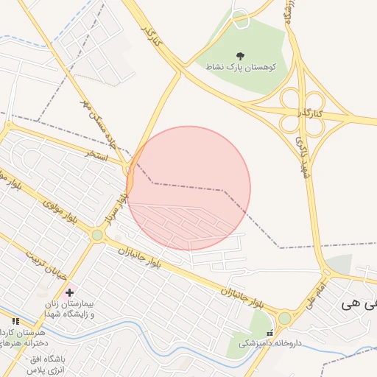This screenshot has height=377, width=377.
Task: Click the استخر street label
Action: (x=98, y=155)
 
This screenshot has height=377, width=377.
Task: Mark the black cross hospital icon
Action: (x=69, y=292)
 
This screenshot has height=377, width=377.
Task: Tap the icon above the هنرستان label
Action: (x=15, y=321)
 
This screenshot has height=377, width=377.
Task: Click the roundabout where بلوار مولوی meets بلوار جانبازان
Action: (x=97, y=235)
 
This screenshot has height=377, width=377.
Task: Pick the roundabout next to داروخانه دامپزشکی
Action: (x=284, y=317)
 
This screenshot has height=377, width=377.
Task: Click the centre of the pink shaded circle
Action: (x=188, y=188)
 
